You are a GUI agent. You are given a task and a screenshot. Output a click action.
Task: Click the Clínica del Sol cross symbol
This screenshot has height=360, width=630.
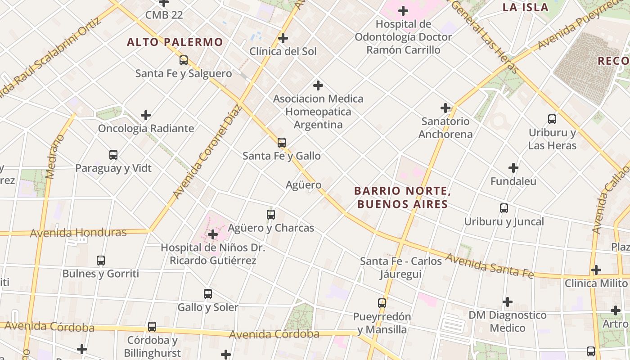pos(283,38)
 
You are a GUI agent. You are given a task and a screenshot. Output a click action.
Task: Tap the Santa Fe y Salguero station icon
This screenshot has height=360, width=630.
pos(184,60)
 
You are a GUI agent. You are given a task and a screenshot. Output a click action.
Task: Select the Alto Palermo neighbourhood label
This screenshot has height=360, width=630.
pos(175,42)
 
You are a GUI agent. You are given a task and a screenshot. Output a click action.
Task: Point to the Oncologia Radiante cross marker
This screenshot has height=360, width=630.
pos(146,115)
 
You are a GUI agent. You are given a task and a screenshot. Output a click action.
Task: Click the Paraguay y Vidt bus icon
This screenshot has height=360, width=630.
pos(113,155)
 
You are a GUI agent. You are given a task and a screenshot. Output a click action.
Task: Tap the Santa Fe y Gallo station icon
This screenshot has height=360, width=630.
pos(282,143)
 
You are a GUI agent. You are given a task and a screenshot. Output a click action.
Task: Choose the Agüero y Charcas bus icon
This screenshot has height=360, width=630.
pos(271,215)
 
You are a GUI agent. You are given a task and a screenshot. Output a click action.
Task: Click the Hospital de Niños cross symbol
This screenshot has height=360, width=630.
pos(213,234)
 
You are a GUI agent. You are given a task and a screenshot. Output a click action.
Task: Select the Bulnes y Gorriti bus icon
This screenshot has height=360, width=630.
pos(101,261)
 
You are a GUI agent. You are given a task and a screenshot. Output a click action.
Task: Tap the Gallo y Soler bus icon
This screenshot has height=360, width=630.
pos(208,294)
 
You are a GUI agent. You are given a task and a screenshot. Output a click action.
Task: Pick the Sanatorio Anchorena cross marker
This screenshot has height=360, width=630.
pos(445,108)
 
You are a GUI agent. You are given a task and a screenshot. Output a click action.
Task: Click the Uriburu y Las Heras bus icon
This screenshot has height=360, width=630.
pos(552,119)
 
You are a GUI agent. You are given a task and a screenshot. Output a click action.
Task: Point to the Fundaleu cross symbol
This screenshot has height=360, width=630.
pos(513,168)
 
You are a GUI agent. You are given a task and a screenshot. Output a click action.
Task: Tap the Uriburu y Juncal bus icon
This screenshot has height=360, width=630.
pos(504,208)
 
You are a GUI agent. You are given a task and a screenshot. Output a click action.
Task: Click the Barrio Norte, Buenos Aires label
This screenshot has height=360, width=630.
pos(403,198)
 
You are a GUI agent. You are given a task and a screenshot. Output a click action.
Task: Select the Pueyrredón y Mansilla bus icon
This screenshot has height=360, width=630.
pos(382,303)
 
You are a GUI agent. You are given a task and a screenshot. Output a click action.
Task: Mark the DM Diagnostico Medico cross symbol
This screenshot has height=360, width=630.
pos(508,301)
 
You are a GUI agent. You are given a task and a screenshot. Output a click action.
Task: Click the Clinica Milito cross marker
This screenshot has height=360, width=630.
pos(596,270)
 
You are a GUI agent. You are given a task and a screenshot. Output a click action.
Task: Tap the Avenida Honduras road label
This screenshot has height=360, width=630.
pos(78,233)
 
